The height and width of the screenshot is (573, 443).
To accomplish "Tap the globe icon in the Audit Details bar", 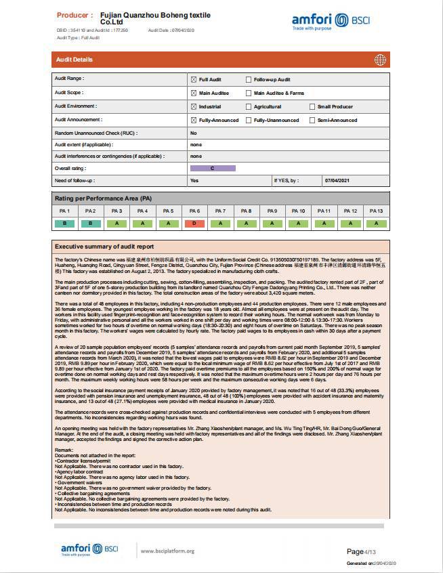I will tap(380, 60).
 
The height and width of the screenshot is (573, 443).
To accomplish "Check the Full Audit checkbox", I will tap(194, 79).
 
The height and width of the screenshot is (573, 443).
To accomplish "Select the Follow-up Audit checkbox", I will tap(249, 79).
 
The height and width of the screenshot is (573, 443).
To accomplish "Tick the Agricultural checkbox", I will tap(249, 106).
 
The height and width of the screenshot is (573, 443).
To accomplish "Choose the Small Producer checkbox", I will tap(312, 106).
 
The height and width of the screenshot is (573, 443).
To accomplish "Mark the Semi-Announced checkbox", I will tap(312, 120).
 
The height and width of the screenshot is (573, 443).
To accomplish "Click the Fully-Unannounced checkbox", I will tap(249, 120).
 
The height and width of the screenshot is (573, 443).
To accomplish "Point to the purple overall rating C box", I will tap(213, 168).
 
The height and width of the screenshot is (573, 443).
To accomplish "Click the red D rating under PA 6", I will tap(194, 224).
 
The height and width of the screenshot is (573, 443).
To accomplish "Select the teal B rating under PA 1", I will tap(64, 224).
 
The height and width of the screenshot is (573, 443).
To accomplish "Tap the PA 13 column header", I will tap(376, 211).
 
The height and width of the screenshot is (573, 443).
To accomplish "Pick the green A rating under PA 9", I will tap(272, 224).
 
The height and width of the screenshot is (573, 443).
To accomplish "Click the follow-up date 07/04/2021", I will tap(337, 181).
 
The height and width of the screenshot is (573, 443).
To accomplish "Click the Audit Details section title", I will tap(75, 60).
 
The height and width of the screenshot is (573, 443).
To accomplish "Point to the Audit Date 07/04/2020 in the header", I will tap(171, 30).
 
